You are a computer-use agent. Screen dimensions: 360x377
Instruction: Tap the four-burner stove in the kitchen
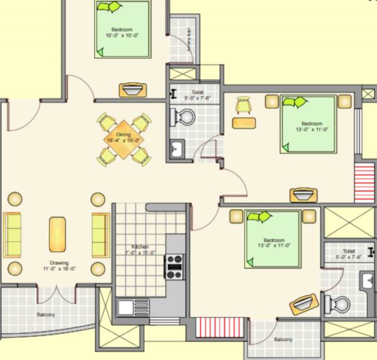174,266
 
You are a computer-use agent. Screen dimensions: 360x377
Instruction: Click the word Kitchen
139,247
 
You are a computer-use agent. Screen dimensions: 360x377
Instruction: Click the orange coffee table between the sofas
57,234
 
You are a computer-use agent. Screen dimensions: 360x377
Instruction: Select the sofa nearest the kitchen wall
100,234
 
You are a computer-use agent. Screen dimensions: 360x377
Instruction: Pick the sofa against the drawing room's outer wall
13,234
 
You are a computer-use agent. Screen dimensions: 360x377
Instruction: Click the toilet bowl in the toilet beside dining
184,117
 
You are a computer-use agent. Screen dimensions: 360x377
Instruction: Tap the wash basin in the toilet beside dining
177,150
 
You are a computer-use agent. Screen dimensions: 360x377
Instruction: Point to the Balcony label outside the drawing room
45,314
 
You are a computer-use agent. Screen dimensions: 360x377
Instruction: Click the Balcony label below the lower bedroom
283,339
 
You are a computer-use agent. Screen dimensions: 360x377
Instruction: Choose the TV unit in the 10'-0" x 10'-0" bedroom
132,90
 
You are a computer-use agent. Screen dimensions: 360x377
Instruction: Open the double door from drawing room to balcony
58,292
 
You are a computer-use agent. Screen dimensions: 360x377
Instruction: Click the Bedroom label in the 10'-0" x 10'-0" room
122,30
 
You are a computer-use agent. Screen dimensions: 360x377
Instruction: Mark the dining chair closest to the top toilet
143,119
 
